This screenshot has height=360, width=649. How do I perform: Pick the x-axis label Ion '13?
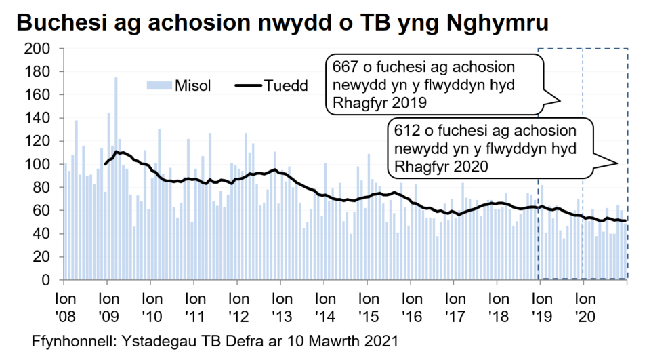coord(280,306)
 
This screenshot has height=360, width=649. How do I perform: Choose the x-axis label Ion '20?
coord(584,306)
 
